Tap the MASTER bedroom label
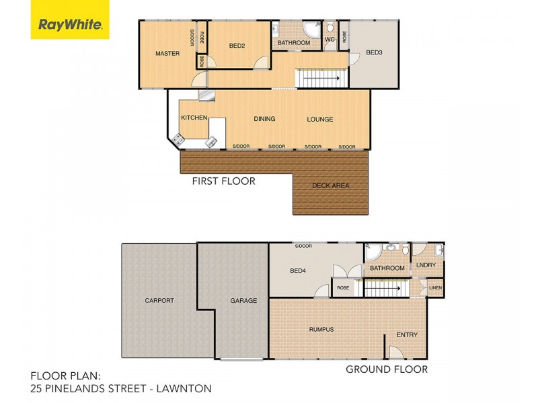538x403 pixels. click(x=167, y=54)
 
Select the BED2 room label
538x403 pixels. click(x=237, y=46)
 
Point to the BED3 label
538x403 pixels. click(x=375, y=54)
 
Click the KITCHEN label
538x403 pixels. click(x=194, y=118)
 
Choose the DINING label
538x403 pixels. click(x=264, y=120)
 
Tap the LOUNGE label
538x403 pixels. click(x=320, y=120)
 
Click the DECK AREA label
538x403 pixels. click(x=331, y=186)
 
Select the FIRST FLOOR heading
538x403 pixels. click(x=224, y=181)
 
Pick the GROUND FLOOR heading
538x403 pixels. click(x=387, y=369)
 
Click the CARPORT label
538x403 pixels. click(x=159, y=301)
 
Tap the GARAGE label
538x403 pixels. click(x=243, y=301)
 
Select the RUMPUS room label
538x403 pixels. click(x=321, y=329)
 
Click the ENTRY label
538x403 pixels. click(x=407, y=335)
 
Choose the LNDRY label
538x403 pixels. click(x=426, y=266)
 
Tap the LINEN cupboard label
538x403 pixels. click(x=436, y=288)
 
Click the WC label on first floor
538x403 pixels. click(x=330, y=40)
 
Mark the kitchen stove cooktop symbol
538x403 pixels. click(x=179, y=140)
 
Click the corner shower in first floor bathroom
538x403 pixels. click(x=311, y=29)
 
